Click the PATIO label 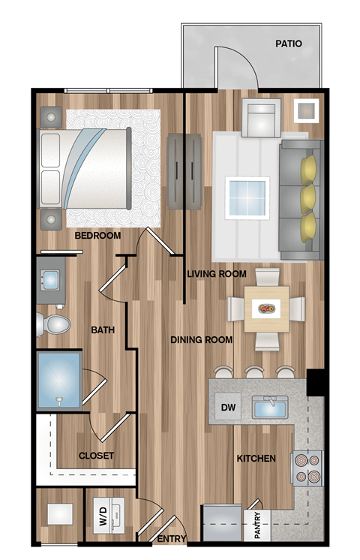click(x=288, y=44)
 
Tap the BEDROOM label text click(x=97, y=236)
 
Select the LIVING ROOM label click(x=216, y=274)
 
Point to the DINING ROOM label click(x=201, y=340)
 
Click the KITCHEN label click(x=256, y=458)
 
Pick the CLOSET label click(x=96, y=456)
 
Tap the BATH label click(x=102, y=330)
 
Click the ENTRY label click(x=171, y=539)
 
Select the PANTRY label click(x=257, y=526)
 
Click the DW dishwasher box click(x=228, y=408)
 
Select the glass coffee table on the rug click(x=247, y=197)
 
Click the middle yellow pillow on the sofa click(x=308, y=197)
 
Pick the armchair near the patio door click(x=260, y=118)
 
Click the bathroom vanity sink click(x=51, y=279)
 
